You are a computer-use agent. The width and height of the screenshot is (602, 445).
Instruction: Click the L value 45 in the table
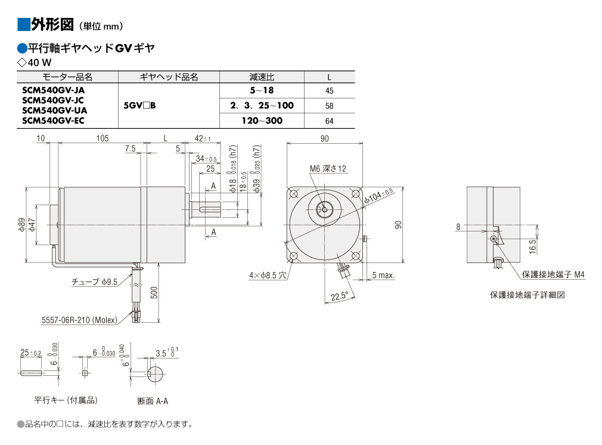329,91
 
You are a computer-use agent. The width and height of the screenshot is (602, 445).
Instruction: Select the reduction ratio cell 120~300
262,120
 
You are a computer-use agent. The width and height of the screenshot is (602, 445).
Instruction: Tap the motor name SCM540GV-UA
54,110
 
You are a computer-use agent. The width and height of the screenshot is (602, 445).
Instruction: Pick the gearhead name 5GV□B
139,106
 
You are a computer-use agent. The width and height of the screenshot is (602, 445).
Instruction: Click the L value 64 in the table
329,121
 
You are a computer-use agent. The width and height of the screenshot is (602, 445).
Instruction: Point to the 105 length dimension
103,138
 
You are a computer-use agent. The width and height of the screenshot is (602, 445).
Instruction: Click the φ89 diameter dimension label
21,224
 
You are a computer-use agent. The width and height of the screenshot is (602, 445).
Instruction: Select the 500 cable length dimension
154,293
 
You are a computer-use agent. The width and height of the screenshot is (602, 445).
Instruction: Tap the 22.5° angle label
339,296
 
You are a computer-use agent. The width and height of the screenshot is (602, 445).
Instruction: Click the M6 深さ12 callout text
328,168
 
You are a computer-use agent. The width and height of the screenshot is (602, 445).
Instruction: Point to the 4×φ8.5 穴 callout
268,275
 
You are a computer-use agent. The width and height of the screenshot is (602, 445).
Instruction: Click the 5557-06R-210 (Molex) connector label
79,320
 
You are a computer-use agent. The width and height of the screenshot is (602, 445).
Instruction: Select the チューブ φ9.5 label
94,282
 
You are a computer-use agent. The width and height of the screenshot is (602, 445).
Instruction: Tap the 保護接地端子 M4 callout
553,274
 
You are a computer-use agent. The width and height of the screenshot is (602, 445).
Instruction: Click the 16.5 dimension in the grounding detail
532,247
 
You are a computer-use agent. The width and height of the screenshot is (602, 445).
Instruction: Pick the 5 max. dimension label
383,275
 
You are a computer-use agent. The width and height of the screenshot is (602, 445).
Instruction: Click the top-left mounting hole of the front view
294,193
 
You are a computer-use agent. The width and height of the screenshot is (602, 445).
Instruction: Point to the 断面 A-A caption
153,401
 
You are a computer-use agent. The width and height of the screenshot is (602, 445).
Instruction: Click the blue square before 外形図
23,24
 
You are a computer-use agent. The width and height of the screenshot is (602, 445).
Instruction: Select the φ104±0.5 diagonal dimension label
379,196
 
